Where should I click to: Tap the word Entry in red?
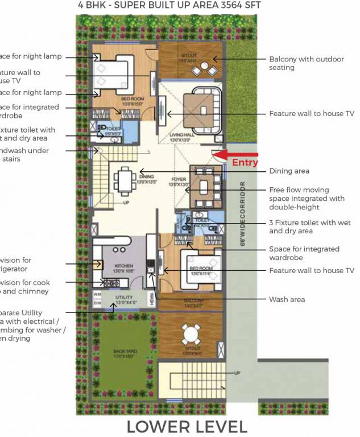(x=245, y=163)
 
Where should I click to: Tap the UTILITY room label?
(x=123, y=299)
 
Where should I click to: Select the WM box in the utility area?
(x=97, y=295)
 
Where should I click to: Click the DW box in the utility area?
(x=97, y=303)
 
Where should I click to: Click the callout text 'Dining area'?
(x=289, y=171)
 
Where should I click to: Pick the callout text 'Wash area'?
(x=287, y=299)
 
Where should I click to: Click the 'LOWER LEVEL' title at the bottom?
(x=187, y=426)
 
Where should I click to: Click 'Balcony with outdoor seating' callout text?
(x=298, y=63)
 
